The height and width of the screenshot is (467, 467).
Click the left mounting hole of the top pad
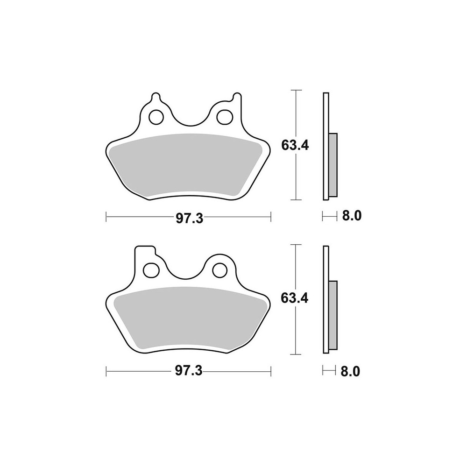(156, 117)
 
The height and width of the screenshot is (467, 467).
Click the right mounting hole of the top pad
(225, 117)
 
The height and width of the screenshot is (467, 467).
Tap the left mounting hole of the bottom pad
(151, 270)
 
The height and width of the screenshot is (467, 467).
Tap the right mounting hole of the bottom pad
(220, 270)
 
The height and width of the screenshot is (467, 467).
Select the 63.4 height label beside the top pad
(295, 145)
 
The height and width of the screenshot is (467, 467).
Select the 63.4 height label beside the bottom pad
(295, 298)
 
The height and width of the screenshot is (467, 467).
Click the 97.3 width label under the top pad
(190, 218)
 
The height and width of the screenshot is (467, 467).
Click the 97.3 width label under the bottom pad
(189, 371)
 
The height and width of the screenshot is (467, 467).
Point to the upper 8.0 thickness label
(352, 215)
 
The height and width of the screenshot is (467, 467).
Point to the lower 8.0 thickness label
(350, 371)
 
